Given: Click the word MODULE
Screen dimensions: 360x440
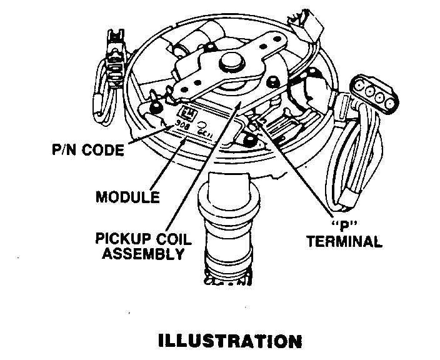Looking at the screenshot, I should point(127,197).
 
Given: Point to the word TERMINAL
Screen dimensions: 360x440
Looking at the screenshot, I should point(344,241).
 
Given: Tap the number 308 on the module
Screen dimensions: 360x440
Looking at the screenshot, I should point(182,124).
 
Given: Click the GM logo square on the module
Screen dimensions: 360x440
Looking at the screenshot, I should point(187,112).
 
